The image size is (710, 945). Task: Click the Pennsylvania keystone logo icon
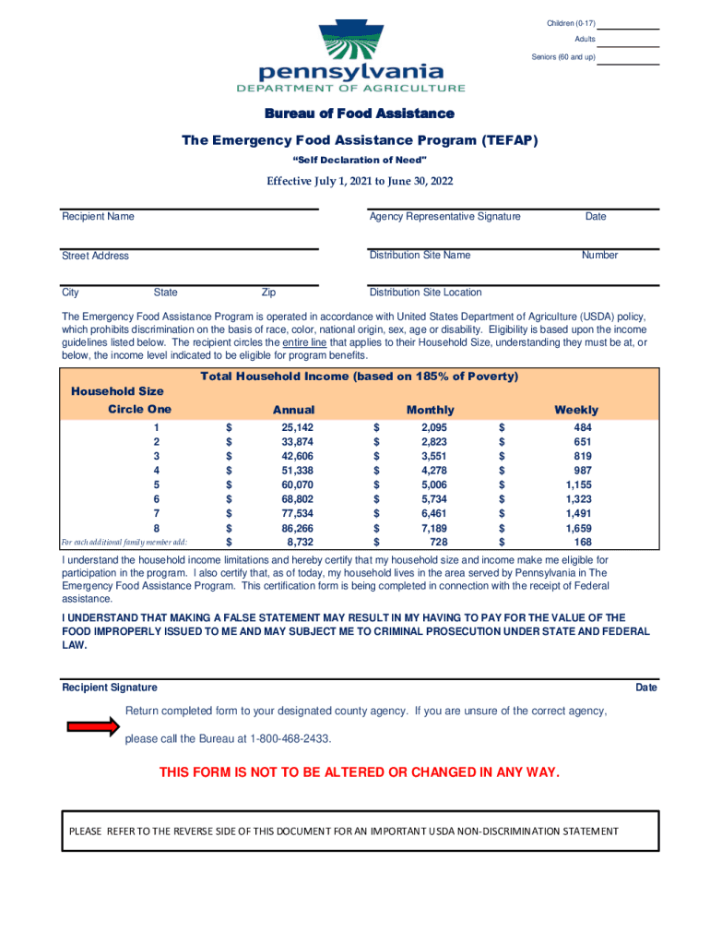[x=350, y=42]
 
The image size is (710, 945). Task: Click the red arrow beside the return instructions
[x=93, y=727]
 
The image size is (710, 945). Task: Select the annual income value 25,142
[x=297, y=427]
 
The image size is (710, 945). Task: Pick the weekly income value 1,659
[x=578, y=529]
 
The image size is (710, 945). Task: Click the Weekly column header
[x=575, y=410]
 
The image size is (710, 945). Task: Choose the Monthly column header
[x=430, y=410]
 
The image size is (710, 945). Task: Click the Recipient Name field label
[x=98, y=217]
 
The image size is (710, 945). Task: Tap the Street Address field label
[x=95, y=256]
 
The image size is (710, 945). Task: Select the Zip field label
[x=268, y=293]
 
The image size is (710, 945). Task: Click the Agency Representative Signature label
[x=444, y=217]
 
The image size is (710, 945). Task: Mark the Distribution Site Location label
[x=425, y=293]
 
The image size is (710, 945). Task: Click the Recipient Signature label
[x=109, y=688]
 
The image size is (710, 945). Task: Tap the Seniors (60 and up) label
[x=562, y=57]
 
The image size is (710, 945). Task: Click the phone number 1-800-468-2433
[x=285, y=739]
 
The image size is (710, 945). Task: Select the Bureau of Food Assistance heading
[x=360, y=114]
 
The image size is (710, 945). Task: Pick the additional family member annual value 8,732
[x=299, y=542]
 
